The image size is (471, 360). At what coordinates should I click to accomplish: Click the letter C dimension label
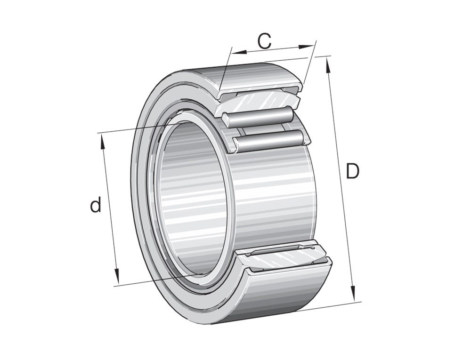(265, 41)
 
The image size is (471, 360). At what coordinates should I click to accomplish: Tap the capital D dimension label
(352, 172)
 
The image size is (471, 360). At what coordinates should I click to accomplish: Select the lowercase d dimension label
(96, 205)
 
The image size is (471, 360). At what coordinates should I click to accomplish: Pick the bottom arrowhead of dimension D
(353, 294)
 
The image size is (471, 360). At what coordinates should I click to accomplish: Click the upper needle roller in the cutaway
(259, 116)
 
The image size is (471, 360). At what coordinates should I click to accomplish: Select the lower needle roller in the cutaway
(268, 140)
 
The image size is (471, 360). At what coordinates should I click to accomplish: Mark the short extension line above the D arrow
(322, 57)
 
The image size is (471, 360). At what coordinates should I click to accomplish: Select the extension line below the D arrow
(330, 306)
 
